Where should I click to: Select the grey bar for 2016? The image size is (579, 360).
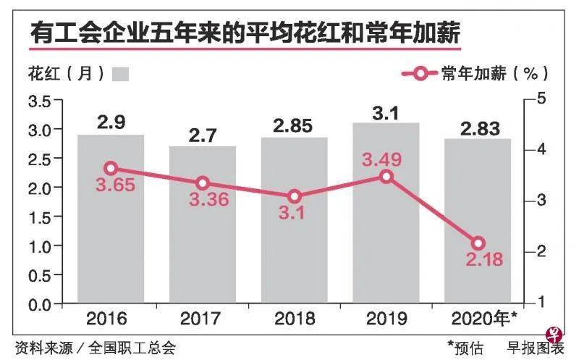click(111, 232)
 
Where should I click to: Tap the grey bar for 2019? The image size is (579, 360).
click(386, 232)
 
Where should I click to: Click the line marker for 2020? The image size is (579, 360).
click(478, 243)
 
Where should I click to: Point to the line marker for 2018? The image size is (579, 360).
click(295, 196)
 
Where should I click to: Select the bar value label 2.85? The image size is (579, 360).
click(293, 125)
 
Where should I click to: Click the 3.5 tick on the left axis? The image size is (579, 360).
click(40, 101)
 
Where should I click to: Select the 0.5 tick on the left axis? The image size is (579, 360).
click(40, 275)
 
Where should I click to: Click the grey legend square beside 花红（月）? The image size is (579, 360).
click(122, 73)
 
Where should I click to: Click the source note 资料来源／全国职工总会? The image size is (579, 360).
click(95, 347)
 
